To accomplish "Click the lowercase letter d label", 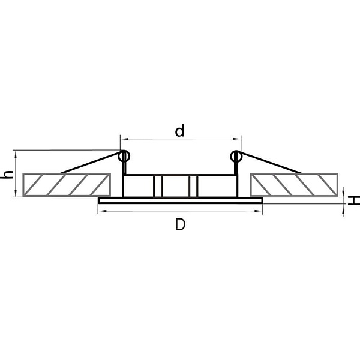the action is click(179, 131).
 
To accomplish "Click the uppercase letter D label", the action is click(180, 224).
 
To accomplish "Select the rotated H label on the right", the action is click(353, 200).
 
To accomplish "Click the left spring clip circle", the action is click(124, 157).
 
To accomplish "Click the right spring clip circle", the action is click(236, 157).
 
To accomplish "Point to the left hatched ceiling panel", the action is click(67, 185).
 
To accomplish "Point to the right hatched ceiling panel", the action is click(294, 185).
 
